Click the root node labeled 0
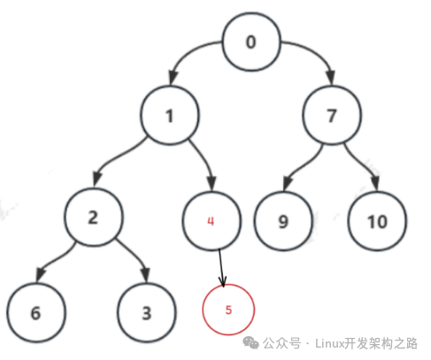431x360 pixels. pyautogui.click(x=251, y=42)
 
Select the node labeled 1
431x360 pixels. pyautogui.click(x=170, y=115)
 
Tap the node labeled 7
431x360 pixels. pyautogui.click(x=332, y=115)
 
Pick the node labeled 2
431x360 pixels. pyautogui.click(x=93, y=217)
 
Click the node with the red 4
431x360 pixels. pyautogui.click(x=212, y=221)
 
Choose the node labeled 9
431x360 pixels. pyautogui.click(x=283, y=221)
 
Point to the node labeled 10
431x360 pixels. pyautogui.click(x=377, y=221)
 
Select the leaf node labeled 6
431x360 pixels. pyautogui.click(x=36, y=312)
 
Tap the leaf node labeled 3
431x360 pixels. pyautogui.click(x=147, y=312)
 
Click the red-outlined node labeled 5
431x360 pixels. pyautogui.click(x=228, y=310)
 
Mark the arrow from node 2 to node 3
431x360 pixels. pyautogui.click(x=135, y=256)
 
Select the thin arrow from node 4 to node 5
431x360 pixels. pyautogui.click(x=221, y=268)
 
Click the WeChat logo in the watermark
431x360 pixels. pyautogui.click(x=250, y=343)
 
